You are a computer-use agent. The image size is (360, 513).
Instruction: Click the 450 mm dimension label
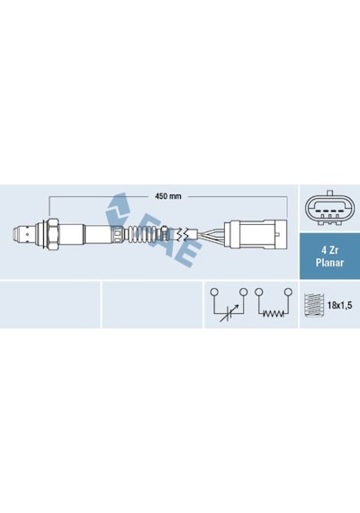click(x=168, y=196)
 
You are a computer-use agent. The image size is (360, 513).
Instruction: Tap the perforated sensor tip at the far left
click(x=23, y=234)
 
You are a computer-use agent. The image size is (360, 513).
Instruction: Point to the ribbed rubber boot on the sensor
click(x=143, y=234)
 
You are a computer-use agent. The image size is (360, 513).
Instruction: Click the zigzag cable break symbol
click(x=182, y=234)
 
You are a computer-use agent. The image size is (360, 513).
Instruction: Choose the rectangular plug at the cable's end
click(x=256, y=234)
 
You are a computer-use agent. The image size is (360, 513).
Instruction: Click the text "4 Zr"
click(x=329, y=250)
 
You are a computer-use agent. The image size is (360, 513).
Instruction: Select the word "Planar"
click(x=329, y=263)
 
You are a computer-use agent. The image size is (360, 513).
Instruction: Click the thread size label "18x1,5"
click(x=339, y=306)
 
